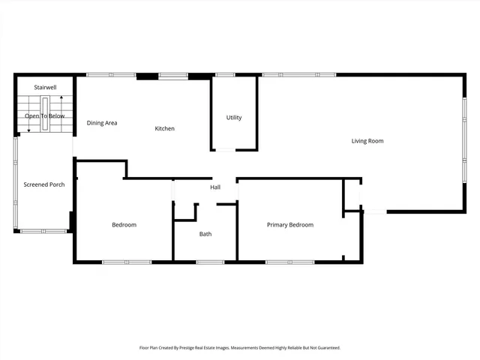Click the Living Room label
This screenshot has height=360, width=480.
coord(367,141)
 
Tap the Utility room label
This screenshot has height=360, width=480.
coord(234,118)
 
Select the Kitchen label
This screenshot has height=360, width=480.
coord(165,129)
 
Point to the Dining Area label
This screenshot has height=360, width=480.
coord(102,123)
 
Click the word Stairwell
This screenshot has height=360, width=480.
coord(45,88)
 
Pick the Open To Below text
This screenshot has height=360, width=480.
coord(45,116)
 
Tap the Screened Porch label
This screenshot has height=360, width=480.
coord(44,184)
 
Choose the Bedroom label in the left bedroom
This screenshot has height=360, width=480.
coord(124,225)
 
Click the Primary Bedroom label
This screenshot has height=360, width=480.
coord(290,225)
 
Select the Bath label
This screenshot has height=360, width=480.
coord(205,234)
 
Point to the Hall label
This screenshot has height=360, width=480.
coord(215,187)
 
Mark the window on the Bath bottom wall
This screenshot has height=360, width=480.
coord(210,262)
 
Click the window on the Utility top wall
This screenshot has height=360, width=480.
coord(224,75)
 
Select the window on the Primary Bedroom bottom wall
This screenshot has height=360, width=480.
coord(290,262)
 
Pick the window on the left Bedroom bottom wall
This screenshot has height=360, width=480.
coord(127,262)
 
